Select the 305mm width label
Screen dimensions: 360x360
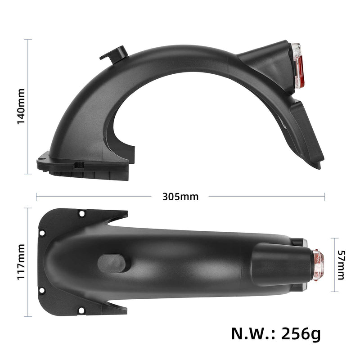point(180,197)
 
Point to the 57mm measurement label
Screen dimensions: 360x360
point(341,264)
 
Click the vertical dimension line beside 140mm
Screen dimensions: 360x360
point(30,107)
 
